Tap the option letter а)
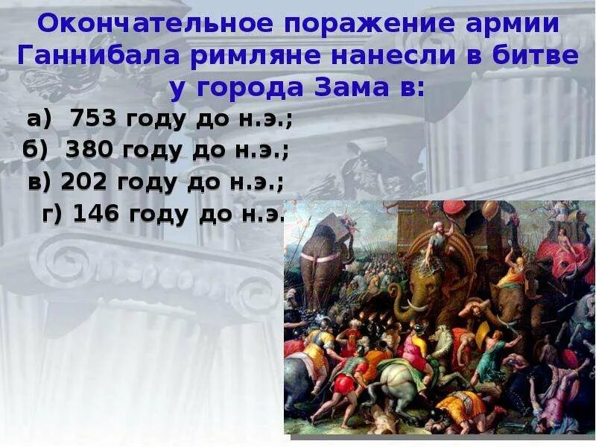pyautogui.click(x=39, y=119)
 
